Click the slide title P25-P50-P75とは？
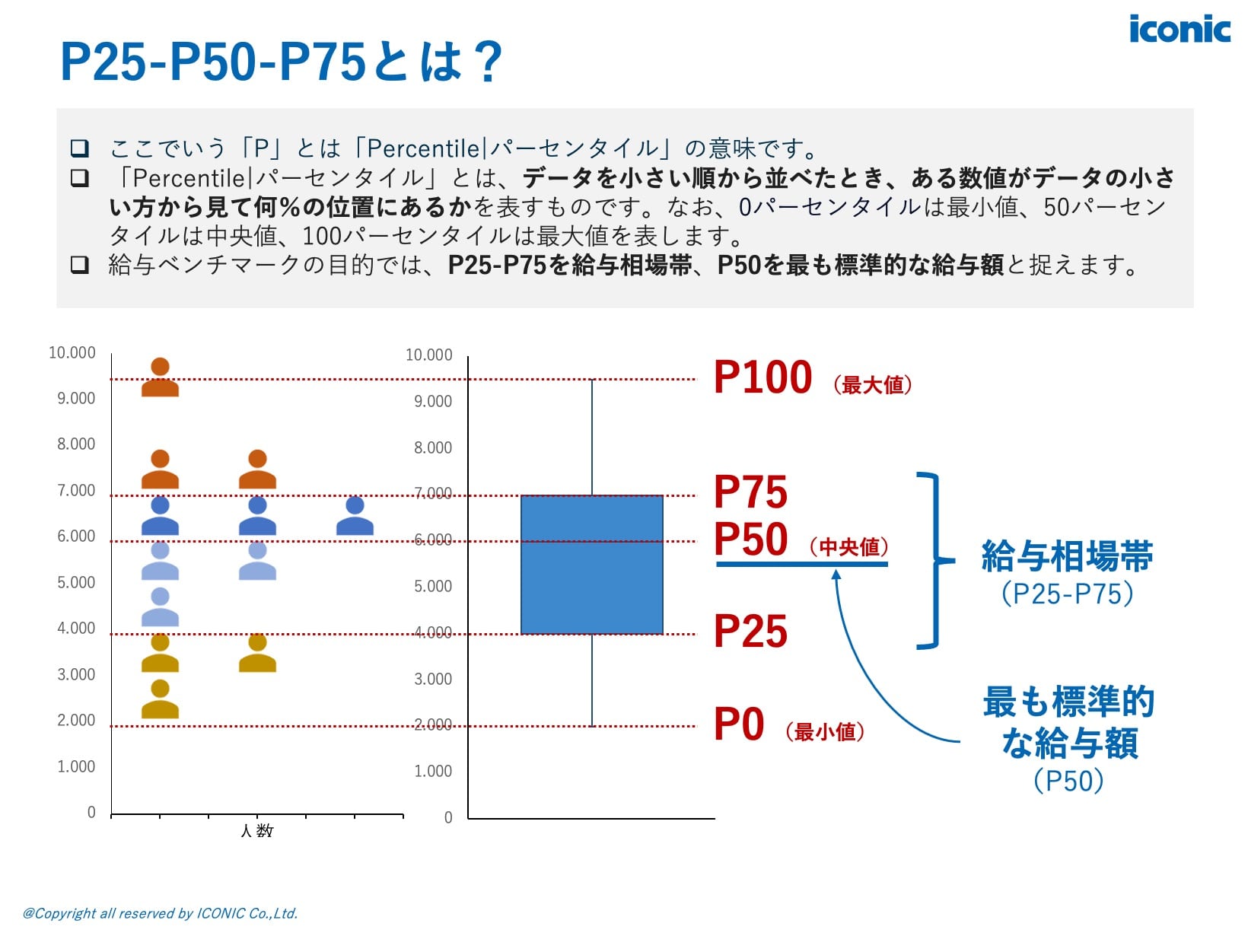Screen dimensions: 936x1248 click(281, 62)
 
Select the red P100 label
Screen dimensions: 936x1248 click(762, 377)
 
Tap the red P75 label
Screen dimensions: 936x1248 click(750, 492)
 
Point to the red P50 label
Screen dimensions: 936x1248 click(750, 540)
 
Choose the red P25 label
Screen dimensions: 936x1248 click(750, 632)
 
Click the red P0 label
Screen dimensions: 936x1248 click(739, 724)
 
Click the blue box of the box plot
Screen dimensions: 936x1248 click(591, 564)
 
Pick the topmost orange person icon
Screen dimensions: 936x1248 click(160, 377)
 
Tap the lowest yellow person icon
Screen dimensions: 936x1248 click(160, 699)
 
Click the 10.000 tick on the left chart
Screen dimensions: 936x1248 click(72, 352)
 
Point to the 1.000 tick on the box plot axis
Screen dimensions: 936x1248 click(433, 771)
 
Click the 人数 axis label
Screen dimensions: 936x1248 click(256, 831)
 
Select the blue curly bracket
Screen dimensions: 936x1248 click(933, 561)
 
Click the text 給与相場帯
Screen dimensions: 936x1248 click(1067, 556)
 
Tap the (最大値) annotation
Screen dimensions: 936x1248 click(872, 385)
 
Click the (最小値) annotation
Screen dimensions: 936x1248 click(825, 732)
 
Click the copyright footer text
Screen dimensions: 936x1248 click(160, 913)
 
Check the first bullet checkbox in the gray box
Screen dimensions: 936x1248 click(79, 148)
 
